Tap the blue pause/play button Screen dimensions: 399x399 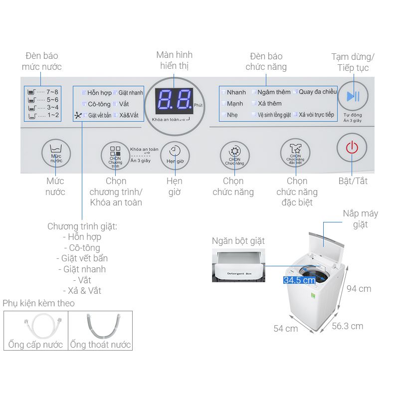[353, 96]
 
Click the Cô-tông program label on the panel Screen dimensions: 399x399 [99, 104]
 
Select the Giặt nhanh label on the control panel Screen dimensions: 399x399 [131, 93]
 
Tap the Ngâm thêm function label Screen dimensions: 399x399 [274, 92]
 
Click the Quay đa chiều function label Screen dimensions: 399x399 [318, 92]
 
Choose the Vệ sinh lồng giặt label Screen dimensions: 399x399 [274, 115]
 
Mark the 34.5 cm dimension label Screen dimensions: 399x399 [299, 280]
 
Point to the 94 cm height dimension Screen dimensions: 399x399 [359, 289]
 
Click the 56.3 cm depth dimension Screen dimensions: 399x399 [347, 326]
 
